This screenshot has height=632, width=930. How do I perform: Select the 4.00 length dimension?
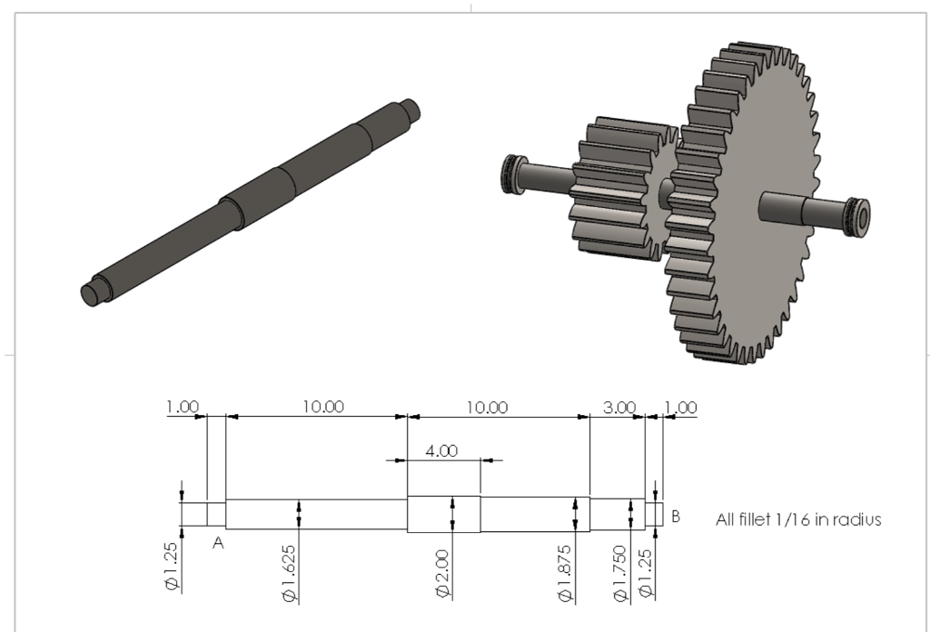(441, 450)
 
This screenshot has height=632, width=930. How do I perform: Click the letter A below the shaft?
(218, 542)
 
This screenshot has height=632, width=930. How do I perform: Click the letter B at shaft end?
(676, 517)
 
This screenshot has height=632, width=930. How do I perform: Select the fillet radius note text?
(798, 520)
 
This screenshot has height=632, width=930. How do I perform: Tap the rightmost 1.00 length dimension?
(681, 408)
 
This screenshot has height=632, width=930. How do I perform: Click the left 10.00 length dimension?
(323, 407)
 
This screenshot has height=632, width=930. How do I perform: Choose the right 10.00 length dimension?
(487, 407)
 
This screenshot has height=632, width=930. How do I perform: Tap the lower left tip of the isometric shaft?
(89, 294)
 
